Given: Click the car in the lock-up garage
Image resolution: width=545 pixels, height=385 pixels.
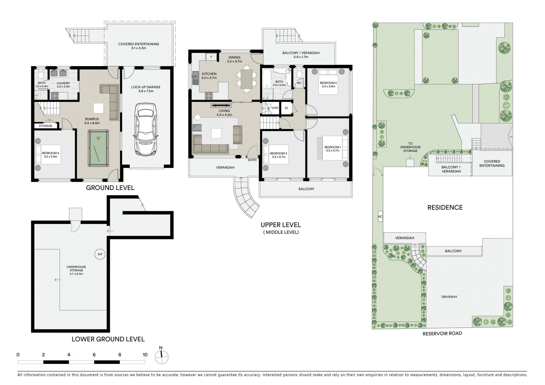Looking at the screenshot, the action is click(x=146, y=129).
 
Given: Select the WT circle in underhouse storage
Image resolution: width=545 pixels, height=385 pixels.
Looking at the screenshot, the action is click(x=100, y=254).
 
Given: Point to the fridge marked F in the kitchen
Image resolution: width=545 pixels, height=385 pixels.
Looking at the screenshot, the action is click(x=211, y=57).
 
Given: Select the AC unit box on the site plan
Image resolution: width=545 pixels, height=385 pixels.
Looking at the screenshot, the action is click(x=380, y=216).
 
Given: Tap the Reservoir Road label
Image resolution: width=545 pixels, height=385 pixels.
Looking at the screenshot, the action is click(x=442, y=333).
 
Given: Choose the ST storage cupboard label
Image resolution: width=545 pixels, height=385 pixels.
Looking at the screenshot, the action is click(x=286, y=108).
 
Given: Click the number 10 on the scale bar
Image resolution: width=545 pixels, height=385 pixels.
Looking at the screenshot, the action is click(x=145, y=355).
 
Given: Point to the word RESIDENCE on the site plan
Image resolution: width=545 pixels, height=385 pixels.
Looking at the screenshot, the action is click(x=445, y=208).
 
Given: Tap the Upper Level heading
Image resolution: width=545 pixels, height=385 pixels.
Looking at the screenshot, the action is click(x=281, y=225).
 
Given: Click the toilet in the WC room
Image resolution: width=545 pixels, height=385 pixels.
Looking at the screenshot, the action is click(x=298, y=73).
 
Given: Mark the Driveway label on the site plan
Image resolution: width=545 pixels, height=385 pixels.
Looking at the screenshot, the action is click(x=449, y=297).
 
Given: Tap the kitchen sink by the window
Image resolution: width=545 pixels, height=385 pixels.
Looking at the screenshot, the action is click(x=195, y=78).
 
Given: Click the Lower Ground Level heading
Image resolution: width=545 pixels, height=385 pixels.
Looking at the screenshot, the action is click(x=108, y=339).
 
